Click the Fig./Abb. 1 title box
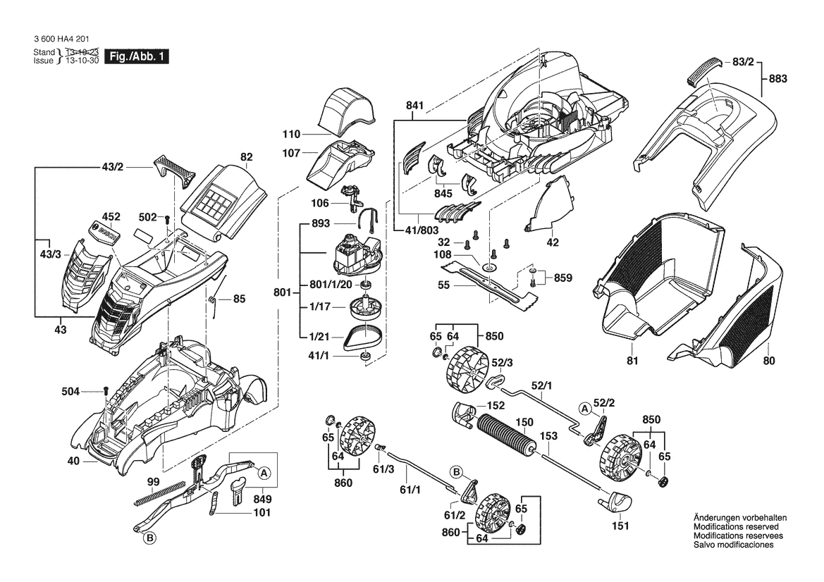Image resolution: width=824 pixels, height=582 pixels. tap(137, 57)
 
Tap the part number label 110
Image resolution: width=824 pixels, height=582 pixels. tap(291, 135)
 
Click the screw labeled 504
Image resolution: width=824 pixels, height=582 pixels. tap(106, 391)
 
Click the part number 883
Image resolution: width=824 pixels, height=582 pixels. tap(777, 79)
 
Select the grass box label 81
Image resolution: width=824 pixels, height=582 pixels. tap(632, 361)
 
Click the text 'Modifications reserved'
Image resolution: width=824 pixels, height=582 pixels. tap(736, 527)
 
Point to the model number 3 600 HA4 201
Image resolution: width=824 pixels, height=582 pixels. tap(61, 39)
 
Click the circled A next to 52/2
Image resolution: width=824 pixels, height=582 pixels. tap(584, 408)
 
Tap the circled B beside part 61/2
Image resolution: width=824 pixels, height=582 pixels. tap(457, 472)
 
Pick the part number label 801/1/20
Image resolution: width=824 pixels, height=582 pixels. tap(331, 285)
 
